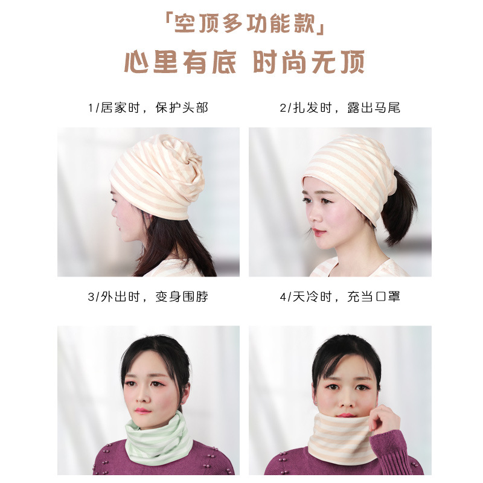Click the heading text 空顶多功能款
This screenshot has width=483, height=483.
(x=245, y=24)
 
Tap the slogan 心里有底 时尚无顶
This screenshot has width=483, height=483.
(x=245, y=62)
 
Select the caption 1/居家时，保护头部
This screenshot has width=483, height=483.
(x=148, y=108)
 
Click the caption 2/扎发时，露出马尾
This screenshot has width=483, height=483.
(x=340, y=108)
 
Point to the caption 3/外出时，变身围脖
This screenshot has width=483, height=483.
(x=148, y=296)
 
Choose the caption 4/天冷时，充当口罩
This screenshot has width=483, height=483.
(x=340, y=296)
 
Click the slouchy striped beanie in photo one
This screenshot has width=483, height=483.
(x=158, y=176)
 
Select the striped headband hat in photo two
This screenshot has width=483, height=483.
(x=350, y=173)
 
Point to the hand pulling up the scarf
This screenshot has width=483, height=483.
(x=385, y=420)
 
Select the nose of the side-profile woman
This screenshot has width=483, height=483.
(x=114, y=213)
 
